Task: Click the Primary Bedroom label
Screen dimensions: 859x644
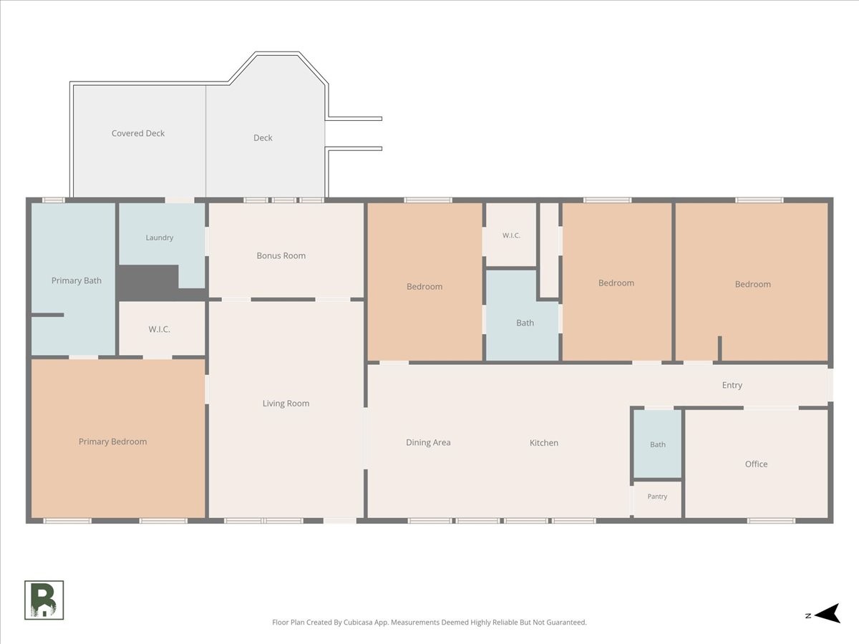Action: (112, 441)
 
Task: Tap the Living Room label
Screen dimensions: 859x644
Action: (286, 404)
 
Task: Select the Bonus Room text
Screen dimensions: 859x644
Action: (281, 255)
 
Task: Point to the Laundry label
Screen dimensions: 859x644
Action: (160, 238)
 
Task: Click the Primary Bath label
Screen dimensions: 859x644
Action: (77, 280)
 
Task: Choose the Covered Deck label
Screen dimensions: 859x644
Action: (138, 133)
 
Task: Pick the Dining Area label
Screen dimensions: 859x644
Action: (428, 443)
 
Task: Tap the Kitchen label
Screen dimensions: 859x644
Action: (543, 443)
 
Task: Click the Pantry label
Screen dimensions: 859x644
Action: (657, 497)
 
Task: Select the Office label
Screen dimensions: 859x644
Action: (756, 464)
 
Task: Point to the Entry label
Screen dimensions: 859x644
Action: (732, 386)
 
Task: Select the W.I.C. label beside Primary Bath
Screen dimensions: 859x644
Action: (160, 329)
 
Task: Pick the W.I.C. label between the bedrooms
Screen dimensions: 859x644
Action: (511, 235)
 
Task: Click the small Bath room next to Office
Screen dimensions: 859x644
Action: (657, 444)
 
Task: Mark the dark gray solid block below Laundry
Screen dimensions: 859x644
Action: (149, 283)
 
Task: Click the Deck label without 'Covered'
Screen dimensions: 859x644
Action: (263, 138)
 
